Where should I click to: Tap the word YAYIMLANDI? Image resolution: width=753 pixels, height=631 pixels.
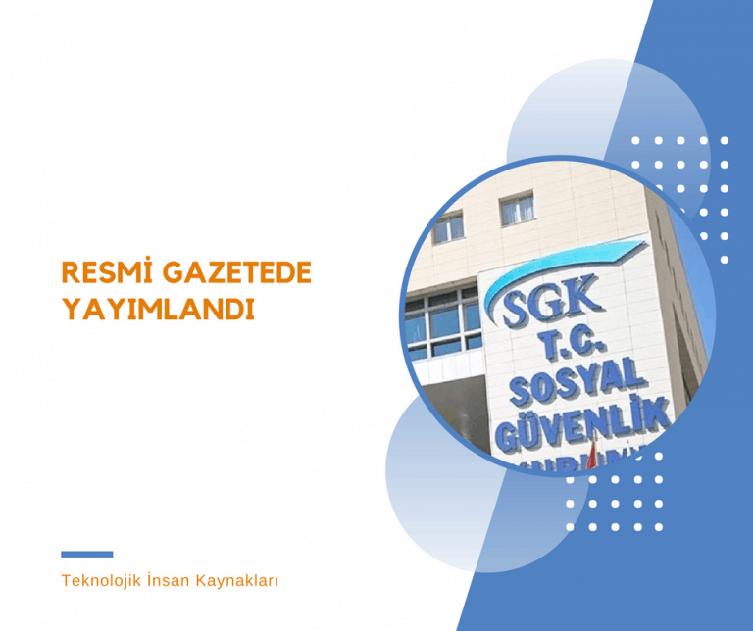[158, 308]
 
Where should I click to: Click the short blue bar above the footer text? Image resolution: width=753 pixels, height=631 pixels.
[86, 555]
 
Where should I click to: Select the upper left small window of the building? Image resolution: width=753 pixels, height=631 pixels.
[447, 228]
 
